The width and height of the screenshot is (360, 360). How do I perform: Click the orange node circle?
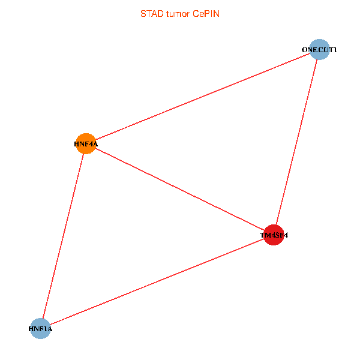[86, 143]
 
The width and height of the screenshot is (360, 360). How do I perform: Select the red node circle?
[274, 235]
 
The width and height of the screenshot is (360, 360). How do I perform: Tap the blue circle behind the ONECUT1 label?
[320, 49]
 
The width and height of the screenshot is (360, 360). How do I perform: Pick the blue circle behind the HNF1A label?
[40, 328]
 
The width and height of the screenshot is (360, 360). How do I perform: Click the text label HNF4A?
[86, 144]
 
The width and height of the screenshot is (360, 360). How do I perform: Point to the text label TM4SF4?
[274, 236]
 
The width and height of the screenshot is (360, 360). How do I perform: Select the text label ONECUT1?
[319, 50]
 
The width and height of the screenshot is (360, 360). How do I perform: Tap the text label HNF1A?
[40, 329]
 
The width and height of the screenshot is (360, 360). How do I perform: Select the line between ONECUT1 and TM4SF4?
[297, 142]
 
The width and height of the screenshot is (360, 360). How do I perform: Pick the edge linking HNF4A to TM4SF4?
[180, 190]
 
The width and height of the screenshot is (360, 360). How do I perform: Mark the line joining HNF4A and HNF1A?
[63, 236]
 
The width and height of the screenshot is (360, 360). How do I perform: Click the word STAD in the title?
[151, 13]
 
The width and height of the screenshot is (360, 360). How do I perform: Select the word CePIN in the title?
[206, 13]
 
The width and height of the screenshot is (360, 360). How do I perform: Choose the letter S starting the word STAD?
[143, 13]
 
